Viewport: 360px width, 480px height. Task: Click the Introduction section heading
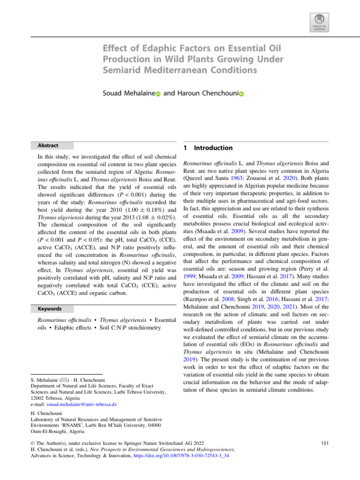coord(214,148)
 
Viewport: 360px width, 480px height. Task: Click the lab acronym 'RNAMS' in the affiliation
coord(64,424)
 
